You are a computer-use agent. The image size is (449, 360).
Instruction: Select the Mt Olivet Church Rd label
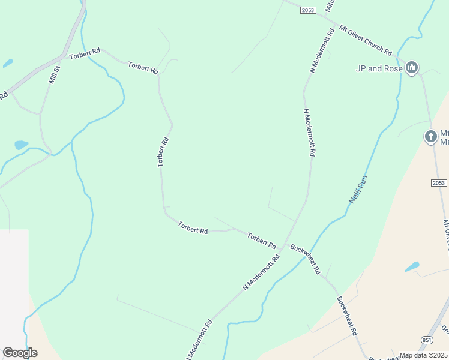pyautogui.click(x=365, y=40)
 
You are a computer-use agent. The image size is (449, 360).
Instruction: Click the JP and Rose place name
pyautogui.click(x=379, y=68)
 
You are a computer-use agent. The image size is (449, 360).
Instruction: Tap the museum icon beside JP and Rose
pyautogui.click(x=412, y=68)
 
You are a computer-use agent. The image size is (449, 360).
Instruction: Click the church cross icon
pyautogui.click(x=430, y=137)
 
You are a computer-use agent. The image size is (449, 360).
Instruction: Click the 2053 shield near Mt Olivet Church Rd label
pyautogui.click(x=308, y=10)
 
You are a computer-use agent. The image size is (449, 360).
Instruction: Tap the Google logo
pyautogui.click(x=20, y=353)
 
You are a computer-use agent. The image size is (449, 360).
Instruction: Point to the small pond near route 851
pyautogui.click(x=412, y=266)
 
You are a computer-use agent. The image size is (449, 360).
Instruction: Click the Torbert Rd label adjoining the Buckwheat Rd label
pyautogui.click(x=261, y=241)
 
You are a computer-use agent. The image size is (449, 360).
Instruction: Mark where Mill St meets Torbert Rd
pyautogui.click(x=60, y=59)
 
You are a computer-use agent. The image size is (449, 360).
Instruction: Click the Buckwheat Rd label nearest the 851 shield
pyautogui.click(x=347, y=316)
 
